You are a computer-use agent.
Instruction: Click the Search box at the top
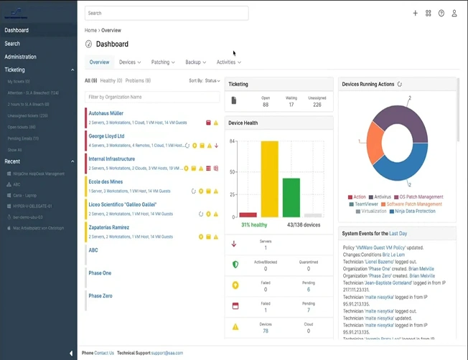pos(167,13)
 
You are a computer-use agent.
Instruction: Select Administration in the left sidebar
pos(20,57)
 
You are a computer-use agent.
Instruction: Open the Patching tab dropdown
pos(163,62)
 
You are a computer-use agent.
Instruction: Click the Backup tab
pos(195,62)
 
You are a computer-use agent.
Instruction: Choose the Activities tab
pos(228,62)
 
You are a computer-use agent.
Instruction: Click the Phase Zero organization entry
pos(100,295)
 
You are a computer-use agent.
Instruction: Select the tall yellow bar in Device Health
pos(269,179)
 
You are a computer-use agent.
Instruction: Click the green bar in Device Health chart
pos(291,197)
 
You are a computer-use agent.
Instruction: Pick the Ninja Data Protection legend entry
pos(415,212)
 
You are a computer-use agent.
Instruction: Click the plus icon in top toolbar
pos(415,13)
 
